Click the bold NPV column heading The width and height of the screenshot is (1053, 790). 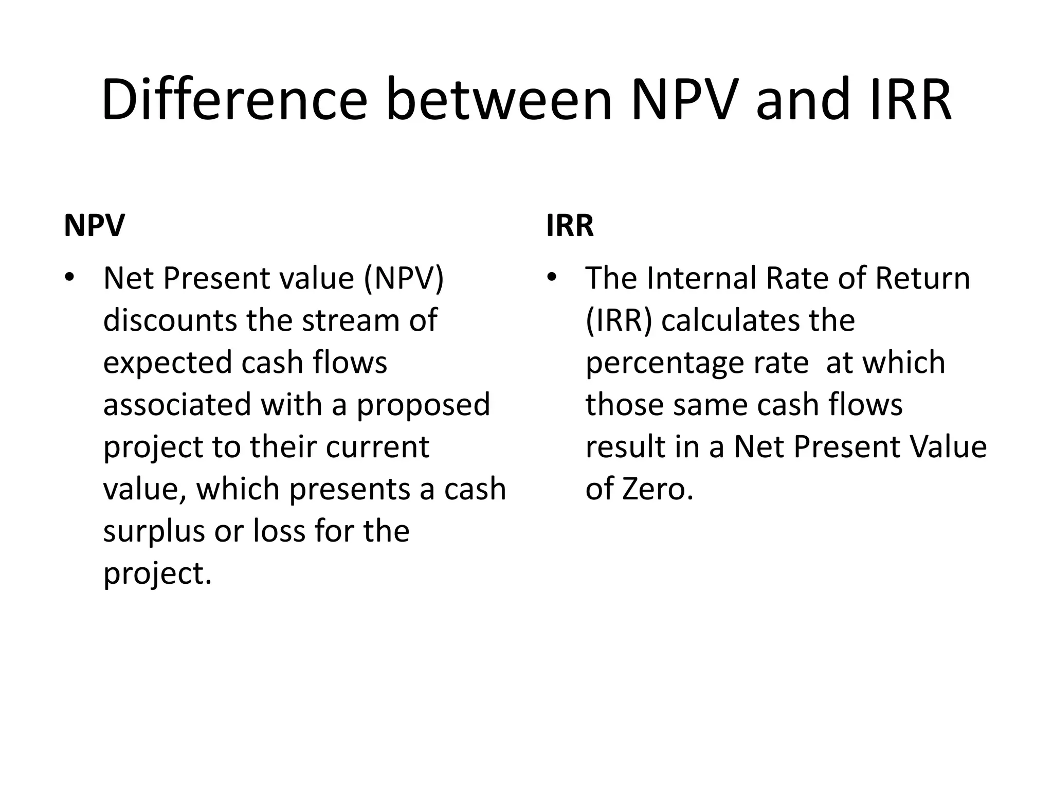(x=94, y=225)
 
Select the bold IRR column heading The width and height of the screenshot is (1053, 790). (x=570, y=225)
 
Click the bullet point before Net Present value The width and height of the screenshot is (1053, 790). (x=69, y=278)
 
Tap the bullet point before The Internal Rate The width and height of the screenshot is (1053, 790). (x=552, y=278)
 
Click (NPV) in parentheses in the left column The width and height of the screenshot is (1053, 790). (x=404, y=279)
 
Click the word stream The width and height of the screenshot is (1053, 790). (x=350, y=320)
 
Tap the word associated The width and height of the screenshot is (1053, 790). (x=177, y=405)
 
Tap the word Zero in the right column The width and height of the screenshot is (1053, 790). (x=658, y=489)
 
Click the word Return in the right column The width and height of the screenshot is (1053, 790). (x=922, y=278)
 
